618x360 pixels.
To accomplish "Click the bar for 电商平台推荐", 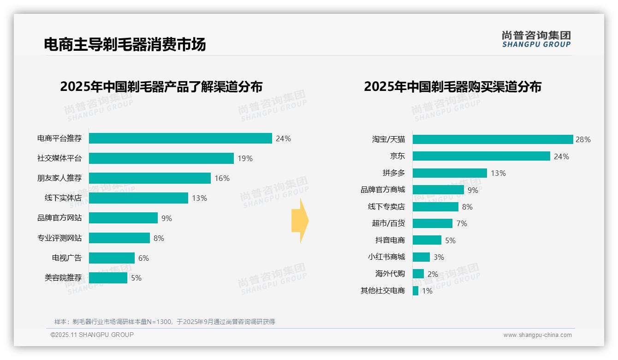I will (180, 138).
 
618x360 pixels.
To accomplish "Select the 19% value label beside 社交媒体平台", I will (245, 158).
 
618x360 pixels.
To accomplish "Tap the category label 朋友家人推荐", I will (59, 178).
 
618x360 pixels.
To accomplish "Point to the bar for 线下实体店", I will (138, 198).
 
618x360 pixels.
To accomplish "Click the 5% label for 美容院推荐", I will (136, 278).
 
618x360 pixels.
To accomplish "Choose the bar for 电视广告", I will (112, 258).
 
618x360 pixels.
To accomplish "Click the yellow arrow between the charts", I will (300, 221).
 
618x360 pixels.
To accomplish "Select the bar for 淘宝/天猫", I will (493, 139).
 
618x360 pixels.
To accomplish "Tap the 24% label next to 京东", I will (561, 156).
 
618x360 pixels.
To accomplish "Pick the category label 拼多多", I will (393, 173).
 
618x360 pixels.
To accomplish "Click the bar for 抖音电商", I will (427, 240).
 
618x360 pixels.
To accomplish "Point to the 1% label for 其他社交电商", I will (427, 291).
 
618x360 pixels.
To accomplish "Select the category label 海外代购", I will (390, 274).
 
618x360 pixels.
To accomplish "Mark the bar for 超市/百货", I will (432, 223).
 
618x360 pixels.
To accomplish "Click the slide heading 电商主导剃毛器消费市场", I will (125, 44).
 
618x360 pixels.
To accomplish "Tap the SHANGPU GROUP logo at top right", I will (536, 39).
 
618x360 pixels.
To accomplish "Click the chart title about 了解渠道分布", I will (161, 87).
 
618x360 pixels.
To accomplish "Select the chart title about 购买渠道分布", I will (452, 87).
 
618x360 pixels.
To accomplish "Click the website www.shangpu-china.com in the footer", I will (537, 335).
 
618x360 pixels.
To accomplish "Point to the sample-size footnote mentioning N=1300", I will (164, 322).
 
